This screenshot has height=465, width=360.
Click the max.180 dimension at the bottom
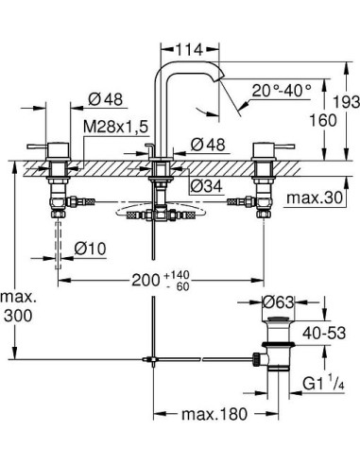pyautogui.click(x=203, y=413)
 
